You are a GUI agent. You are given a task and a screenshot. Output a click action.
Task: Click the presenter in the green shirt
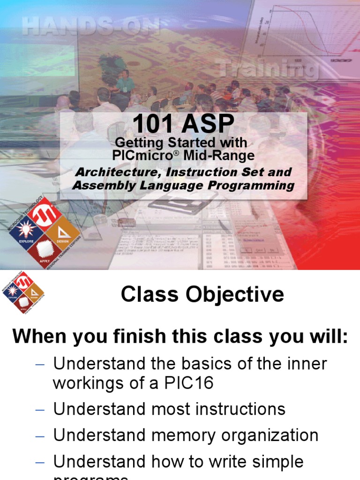125,84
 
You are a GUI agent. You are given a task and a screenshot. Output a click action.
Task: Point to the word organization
270,435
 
